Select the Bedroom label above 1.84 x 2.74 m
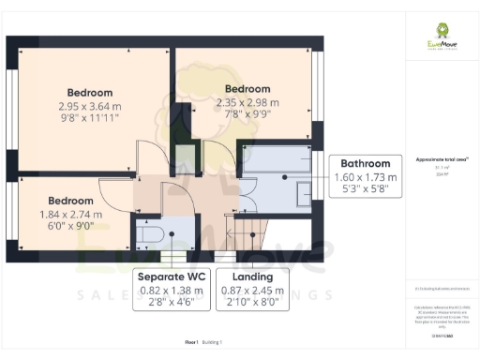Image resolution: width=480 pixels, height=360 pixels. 71,201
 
